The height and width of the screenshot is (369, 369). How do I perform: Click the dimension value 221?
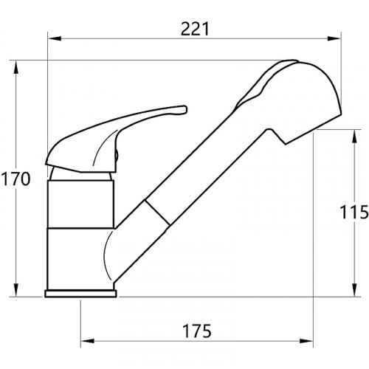click(x=195, y=29)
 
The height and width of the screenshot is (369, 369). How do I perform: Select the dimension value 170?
click(x=15, y=179)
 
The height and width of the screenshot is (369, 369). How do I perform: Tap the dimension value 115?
click(x=354, y=212)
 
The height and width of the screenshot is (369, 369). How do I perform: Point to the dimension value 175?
click(x=197, y=331)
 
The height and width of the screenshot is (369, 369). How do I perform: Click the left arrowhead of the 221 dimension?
click(x=54, y=38)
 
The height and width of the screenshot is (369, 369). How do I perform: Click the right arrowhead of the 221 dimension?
click(x=334, y=38)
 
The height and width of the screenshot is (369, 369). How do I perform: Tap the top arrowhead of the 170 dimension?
click(x=16, y=67)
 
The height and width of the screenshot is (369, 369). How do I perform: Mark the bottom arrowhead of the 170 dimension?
click(x=16, y=290)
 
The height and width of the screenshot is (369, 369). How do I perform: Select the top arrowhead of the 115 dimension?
click(x=354, y=136)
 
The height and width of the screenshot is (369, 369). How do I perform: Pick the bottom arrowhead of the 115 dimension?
click(x=354, y=290)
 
